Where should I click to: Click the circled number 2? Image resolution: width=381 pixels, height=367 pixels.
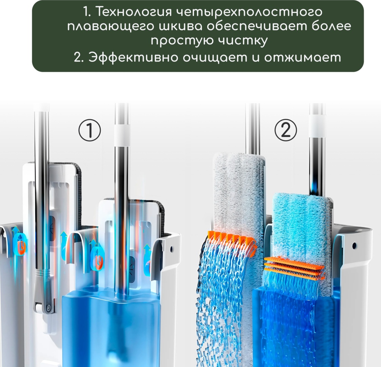click(x=286, y=130)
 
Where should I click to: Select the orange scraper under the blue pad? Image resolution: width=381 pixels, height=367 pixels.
click(x=294, y=267)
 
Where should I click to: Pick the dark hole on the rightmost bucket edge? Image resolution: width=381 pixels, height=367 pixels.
click(x=354, y=245)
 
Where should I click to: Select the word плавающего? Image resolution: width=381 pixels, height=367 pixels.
click(x=111, y=27)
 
